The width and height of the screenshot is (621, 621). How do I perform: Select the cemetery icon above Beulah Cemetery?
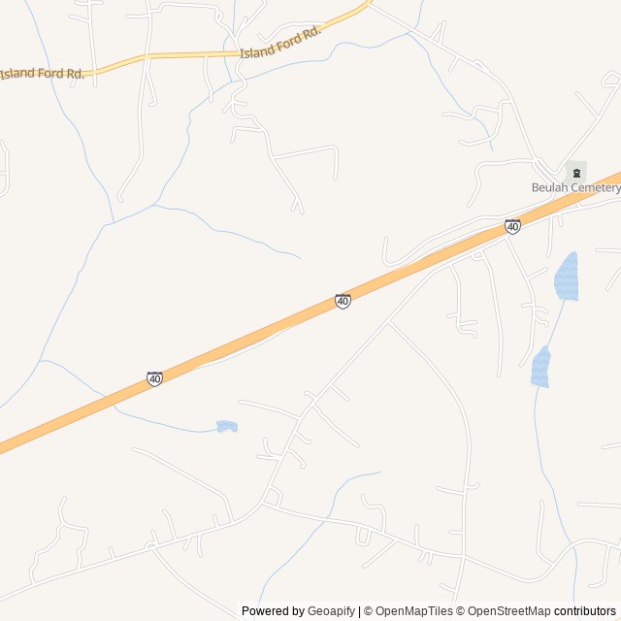[x=576, y=172]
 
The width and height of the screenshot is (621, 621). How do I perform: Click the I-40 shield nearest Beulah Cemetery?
[x=512, y=226]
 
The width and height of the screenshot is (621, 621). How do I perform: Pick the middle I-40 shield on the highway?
[x=343, y=301]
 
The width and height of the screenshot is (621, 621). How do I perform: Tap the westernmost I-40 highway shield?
[x=154, y=378]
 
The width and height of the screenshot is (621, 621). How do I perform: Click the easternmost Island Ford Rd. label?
[x=279, y=44]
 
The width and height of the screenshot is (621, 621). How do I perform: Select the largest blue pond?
[x=566, y=277]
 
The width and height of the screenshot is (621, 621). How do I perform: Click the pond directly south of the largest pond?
[x=540, y=367]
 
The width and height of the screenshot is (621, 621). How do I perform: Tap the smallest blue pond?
[x=226, y=426]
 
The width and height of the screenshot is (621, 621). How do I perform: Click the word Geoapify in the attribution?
[x=331, y=611]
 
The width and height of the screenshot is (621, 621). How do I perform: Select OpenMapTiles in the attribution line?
[x=414, y=611]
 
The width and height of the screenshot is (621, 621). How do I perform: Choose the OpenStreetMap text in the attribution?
[x=508, y=611]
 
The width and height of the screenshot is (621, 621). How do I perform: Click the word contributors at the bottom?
[x=585, y=611]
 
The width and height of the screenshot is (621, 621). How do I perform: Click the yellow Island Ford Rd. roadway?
[x=175, y=55]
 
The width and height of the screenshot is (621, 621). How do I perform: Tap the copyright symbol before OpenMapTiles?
[x=368, y=611]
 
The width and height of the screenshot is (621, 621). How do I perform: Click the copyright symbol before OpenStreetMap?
[x=461, y=611]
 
